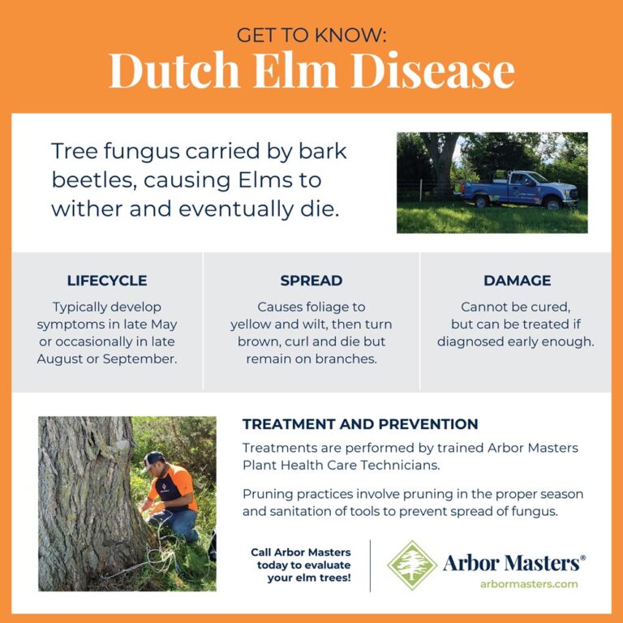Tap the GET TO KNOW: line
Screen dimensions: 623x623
(x=311, y=35)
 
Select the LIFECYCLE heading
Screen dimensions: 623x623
(x=107, y=281)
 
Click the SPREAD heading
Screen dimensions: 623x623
(x=311, y=281)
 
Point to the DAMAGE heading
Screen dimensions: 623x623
(x=517, y=281)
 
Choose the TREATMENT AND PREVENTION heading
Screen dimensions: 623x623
(x=360, y=424)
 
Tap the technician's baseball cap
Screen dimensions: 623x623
(x=153, y=458)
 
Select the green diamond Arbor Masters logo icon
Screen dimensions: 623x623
(x=411, y=565)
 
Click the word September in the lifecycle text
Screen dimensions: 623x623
(x=142, y=358)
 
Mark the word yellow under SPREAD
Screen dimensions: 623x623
(x=253, y=324)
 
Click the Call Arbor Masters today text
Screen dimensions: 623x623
(x=301, y=565)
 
